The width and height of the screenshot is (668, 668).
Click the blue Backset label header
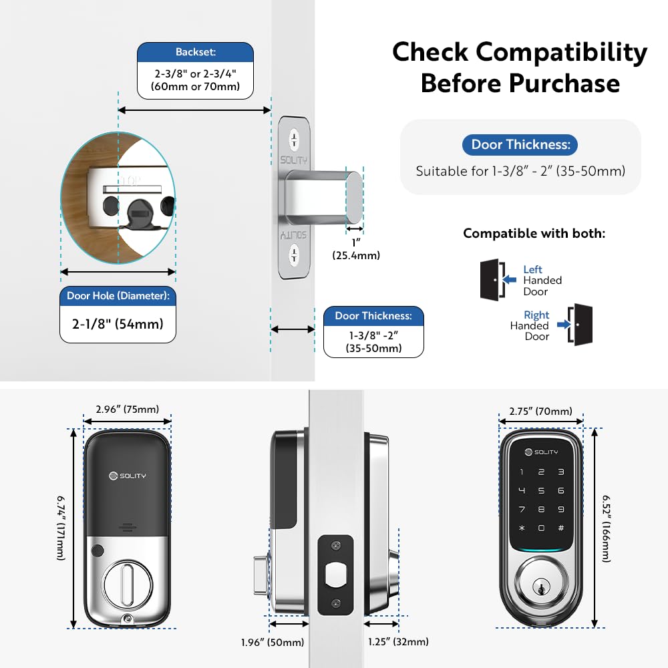point(194,52)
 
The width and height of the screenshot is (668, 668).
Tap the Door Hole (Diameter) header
point(118,295)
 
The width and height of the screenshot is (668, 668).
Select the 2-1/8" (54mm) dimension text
point(118,325)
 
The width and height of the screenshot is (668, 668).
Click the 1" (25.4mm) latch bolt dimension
point(355,248)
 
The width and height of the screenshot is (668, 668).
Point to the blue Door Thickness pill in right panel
point(520,144)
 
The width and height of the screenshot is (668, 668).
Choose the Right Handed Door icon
point(580,325)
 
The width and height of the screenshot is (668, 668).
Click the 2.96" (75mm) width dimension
point(127,409)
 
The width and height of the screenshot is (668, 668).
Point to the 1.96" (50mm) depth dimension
point(273,643)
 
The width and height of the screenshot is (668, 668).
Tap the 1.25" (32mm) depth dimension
point(398,642)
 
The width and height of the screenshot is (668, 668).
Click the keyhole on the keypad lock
point(541,589)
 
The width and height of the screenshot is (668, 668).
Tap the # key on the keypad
point(560,528)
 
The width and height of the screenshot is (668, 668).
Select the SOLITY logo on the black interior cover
point(127,476)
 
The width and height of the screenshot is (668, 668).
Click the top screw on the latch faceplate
point(294,140)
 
